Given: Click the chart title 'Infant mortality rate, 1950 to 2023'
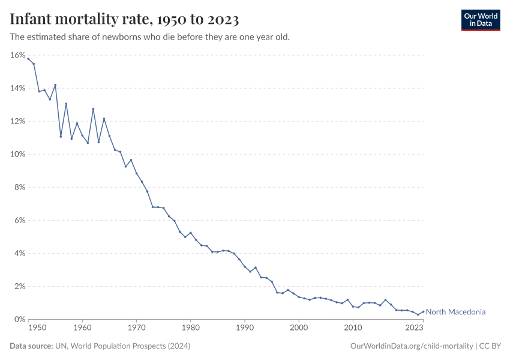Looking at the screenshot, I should coord(125,20).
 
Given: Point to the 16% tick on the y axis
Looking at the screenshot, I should coord(17,55).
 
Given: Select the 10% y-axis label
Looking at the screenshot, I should coord(17,154).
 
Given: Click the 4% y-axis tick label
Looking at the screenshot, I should coord(19,253).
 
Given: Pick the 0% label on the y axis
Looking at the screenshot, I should coord(19,319).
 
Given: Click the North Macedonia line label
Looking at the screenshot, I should coord(455,312).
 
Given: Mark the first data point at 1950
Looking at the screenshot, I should coord(28,59).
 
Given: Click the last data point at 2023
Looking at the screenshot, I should coord(424,311).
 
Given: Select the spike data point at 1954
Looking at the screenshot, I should coord(55,85).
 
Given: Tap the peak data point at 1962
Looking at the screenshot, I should coord(93,109).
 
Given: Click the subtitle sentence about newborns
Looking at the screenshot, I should coord(150,37).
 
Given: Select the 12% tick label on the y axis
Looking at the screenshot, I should coord(17,121).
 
